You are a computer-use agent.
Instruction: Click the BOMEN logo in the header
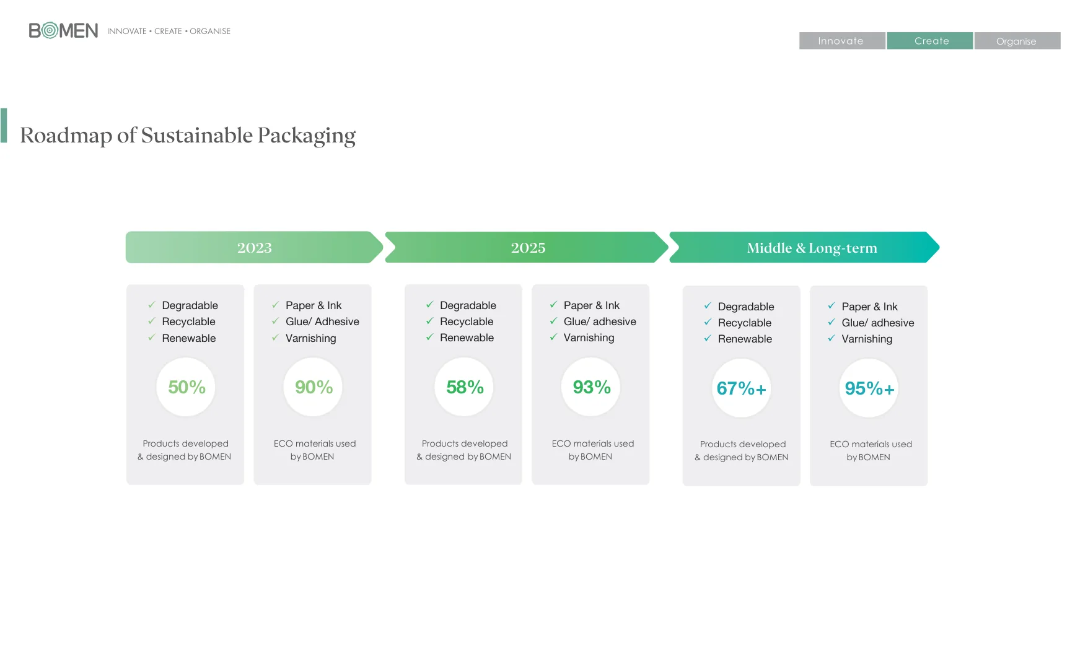[63, 30]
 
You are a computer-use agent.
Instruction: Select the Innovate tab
[841, 41]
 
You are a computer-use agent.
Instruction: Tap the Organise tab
[1016, 41]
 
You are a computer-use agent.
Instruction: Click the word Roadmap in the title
[66, 136]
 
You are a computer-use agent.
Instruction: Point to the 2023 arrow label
[254, 248]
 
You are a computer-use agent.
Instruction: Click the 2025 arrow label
[528, 248]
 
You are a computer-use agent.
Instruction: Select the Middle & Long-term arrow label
[812, 248]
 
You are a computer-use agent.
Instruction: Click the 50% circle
[186, 387]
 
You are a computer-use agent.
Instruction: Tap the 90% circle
[314, 387]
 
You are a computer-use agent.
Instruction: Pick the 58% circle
[465, 387]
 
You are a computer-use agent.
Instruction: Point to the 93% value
[592, 387]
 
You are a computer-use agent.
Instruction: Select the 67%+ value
[742, 388]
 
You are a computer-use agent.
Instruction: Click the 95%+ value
[869, 388]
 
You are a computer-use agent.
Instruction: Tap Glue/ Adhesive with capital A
[322, 321]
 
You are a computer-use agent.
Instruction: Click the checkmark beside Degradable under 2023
[151, 305]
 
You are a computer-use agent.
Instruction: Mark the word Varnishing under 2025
[589, 338]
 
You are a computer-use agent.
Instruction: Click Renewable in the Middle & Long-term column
[745, 339]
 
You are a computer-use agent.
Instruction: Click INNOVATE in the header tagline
[126, 31]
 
